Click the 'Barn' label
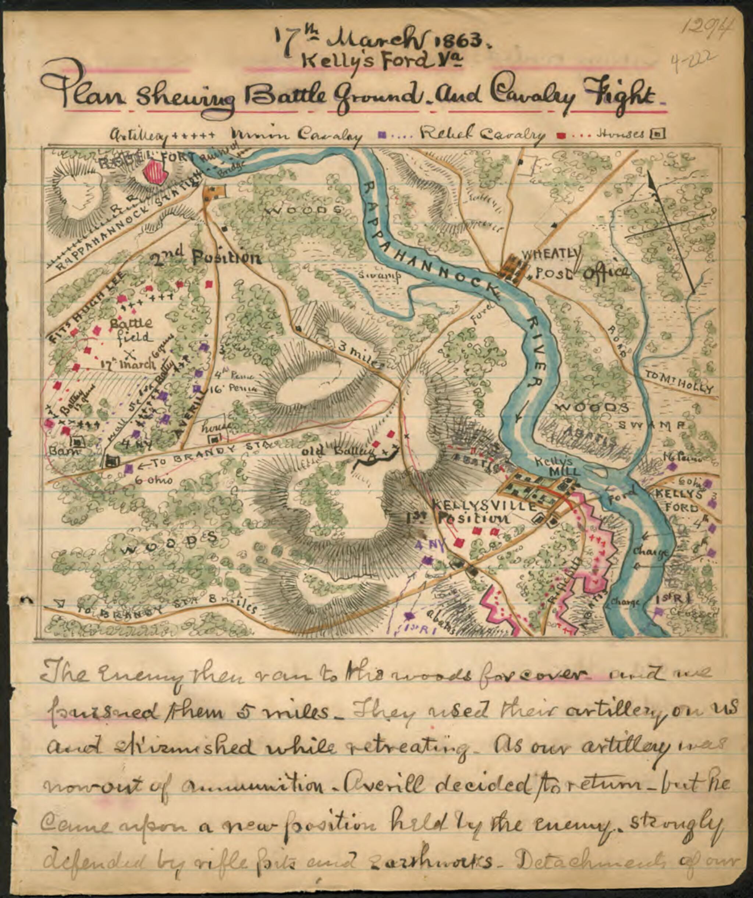(x=59, y=452)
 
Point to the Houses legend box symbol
(x=657, y=135)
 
